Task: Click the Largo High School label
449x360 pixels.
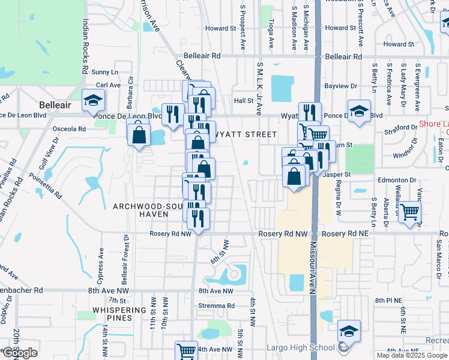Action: [x=301, y=347]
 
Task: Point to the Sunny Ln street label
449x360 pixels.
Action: [x=106, y=72]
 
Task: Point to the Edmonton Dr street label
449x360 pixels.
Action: [x=397, y=180]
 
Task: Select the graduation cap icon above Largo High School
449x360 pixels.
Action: [x=348, y=331]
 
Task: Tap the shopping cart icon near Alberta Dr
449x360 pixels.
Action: [x=409, y=211]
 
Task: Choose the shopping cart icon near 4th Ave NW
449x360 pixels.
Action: [x=186, y=350]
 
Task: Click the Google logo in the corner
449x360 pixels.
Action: [x=20, y=353]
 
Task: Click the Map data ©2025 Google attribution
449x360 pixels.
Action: [x=411, y=355]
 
